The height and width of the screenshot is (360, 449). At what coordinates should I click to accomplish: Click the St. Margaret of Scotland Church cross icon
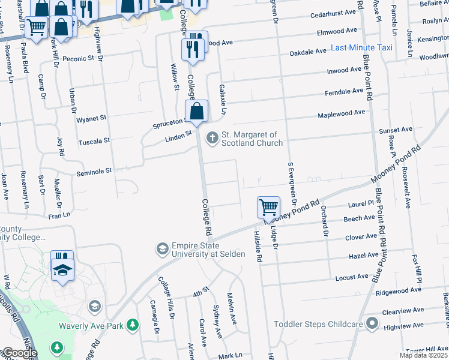coord(211,139)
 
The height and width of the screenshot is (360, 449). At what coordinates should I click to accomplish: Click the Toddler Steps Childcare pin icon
coord(372,324)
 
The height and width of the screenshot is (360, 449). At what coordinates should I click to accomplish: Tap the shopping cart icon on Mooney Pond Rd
coord(268,208)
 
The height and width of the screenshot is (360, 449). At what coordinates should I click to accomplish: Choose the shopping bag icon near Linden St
coord(196,111)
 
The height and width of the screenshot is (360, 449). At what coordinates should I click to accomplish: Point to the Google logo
coord(19,353)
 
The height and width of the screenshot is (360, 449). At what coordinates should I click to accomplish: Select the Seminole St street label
coord(94,171)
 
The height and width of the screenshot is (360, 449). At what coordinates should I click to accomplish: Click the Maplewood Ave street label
coord(341,113)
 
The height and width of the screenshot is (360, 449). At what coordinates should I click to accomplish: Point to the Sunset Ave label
coord(395,130)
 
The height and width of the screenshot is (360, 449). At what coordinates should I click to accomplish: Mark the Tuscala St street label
coord(94,142)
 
